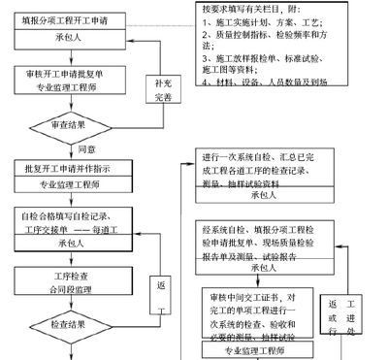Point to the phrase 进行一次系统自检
tap(242, 159)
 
